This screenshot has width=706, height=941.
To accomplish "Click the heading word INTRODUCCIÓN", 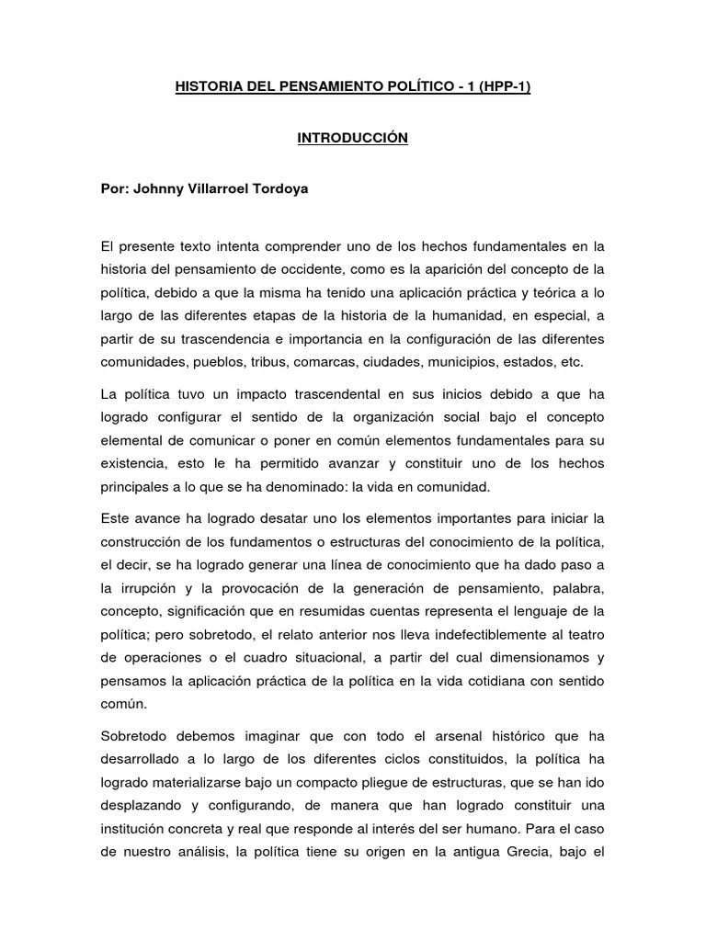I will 352,138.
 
